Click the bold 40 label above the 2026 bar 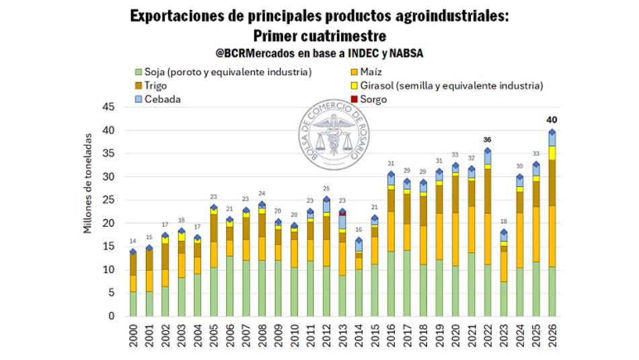(552, 120)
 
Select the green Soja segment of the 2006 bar (230, 286)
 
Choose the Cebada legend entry (162, 100)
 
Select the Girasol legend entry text (451, 85)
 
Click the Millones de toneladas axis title (88, 182)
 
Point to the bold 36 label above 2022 (488, 139)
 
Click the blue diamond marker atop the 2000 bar (133, 252)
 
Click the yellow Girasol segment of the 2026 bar (552, 153)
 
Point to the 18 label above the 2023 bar (503, 223)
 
